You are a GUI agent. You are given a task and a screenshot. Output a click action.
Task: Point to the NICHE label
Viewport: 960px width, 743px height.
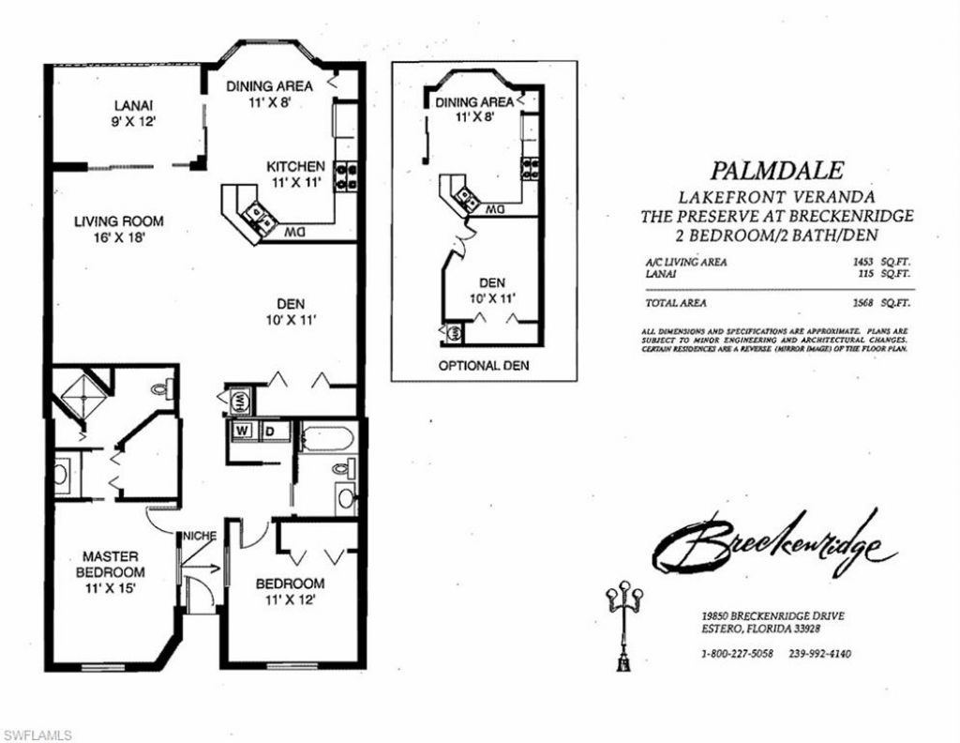point(199,536)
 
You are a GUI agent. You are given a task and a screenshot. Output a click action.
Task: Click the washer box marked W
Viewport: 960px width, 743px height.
point(242,431)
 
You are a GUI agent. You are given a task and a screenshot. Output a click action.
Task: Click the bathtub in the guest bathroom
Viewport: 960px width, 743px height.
point(326,439)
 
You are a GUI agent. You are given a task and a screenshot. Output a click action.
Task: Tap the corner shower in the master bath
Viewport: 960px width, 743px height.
point(81,395)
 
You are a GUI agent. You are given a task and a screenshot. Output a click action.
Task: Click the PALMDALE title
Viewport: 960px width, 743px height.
point(776,171)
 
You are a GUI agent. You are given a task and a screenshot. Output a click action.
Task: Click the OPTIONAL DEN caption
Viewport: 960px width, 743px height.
point(483,365)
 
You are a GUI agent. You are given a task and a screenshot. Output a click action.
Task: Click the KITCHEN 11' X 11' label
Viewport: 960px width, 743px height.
point(298,174)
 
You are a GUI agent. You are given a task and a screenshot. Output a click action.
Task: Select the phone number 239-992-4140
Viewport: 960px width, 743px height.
point(819,654)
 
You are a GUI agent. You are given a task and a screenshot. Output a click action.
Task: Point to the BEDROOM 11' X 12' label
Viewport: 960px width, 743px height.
point(291,591)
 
